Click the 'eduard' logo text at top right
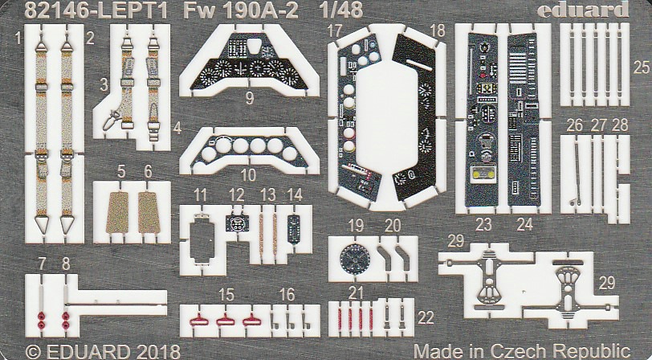595,10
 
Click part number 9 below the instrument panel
250,100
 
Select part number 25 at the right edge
641,68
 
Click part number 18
438,31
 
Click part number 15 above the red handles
228,295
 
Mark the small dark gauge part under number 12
237,223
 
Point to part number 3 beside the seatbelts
104,84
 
